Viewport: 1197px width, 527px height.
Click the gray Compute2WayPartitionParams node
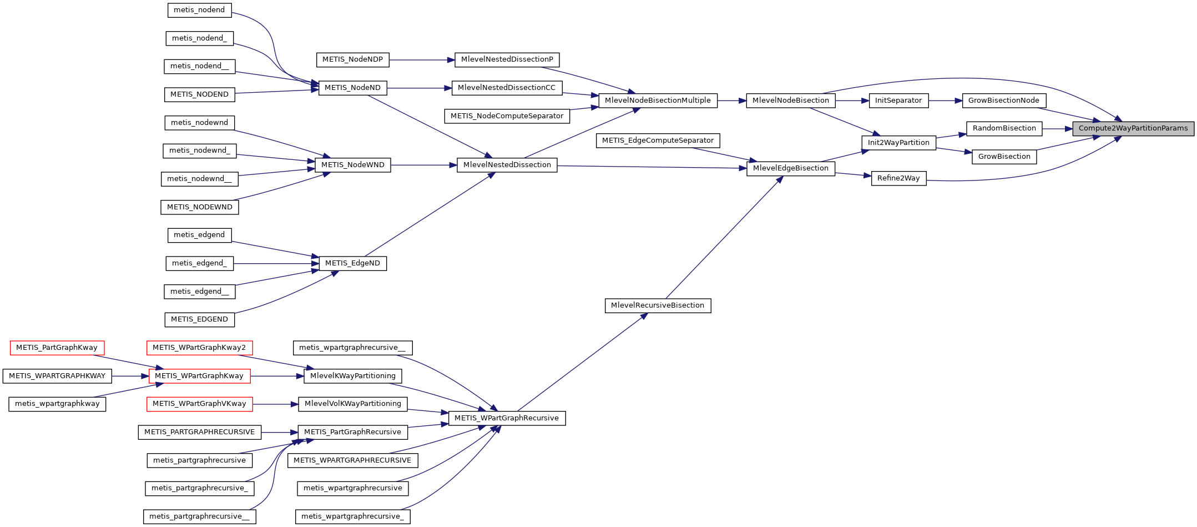(x=1133, y=128)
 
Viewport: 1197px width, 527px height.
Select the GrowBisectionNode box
(x=1003, y=101)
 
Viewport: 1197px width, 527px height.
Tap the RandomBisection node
(x=1004, y=128)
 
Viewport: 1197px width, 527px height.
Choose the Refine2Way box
(x=898, y=178)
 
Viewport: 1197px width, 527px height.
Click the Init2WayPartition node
(x=898, y=143)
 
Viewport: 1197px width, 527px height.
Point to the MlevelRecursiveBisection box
(x=657, y=305)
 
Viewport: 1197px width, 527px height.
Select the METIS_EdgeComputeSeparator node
(x=658, y=140)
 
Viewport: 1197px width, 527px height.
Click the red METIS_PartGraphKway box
(x=57, y=348)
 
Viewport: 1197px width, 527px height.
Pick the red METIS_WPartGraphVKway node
(x=199, y=404)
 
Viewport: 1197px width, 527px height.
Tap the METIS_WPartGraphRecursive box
(x=506, y=418)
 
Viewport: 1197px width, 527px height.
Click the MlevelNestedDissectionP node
(x=507, y=59)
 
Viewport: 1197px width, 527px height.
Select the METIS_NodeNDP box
(x=352, y=59)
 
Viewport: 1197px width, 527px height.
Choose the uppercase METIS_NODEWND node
(x=200, y=207)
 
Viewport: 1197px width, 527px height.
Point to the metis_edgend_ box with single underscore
(x=199, y=263)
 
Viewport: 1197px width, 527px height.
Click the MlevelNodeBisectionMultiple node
(x=657, y=101)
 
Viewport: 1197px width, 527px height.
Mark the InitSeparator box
(x=898, y=101)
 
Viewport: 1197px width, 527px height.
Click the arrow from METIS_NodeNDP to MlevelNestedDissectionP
(x=422, y=60)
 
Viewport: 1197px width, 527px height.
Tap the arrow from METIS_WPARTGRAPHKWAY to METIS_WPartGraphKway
(x=130, y=376)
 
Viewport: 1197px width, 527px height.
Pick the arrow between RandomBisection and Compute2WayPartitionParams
(x=1057, y=129)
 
